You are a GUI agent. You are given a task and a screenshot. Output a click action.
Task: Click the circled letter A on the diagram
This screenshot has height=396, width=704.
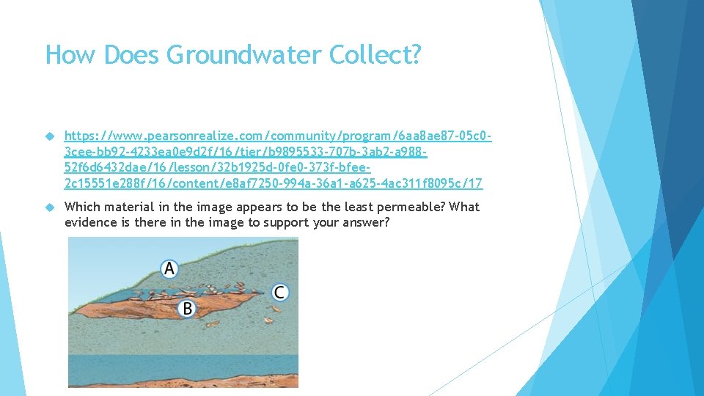169,268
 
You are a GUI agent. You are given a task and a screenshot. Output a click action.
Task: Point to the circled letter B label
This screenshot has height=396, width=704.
187,309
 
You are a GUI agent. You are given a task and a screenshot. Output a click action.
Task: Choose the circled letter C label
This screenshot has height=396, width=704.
279,293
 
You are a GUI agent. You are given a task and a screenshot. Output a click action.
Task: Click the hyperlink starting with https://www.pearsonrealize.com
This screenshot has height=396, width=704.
277,159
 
